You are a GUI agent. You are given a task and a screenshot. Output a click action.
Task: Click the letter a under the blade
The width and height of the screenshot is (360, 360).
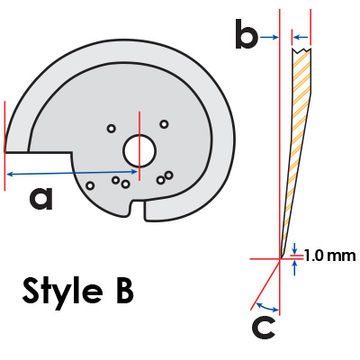[x=41, y=198]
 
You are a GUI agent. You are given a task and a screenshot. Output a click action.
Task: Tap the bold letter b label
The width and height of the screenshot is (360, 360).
[x=247, y=33]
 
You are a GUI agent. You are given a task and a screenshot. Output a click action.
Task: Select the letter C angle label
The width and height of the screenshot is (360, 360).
[x=264, y=328]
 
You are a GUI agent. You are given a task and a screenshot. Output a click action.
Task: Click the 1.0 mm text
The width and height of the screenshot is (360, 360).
[x=330, y=256]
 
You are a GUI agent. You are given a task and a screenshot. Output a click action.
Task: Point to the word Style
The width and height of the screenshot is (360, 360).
[x=62, y=291]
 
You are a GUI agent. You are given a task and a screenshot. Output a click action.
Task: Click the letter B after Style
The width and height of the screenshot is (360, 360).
[x=123, y=290]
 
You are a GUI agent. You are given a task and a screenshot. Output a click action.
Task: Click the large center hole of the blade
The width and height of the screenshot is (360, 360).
[x=139, y=151]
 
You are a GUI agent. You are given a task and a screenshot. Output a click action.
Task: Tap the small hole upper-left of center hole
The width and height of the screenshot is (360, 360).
[x=112, y=129]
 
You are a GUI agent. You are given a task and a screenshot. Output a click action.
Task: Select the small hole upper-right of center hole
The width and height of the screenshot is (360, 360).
[x=164, y=124]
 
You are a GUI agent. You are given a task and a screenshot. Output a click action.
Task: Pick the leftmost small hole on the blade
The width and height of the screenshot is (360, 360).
[x=90, y=185]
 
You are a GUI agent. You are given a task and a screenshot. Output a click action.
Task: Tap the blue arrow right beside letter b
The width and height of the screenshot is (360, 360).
[x=269, y=37]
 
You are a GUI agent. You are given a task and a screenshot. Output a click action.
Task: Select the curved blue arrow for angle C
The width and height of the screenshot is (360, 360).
[x=267, y=307]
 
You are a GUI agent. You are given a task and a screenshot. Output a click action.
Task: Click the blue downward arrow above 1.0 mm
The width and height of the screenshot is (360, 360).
[x=295, y=247]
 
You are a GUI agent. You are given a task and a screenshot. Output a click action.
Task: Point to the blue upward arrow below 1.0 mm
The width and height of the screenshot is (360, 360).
[x=295, y=267]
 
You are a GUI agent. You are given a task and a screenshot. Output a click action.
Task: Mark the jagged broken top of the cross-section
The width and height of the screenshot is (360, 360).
[x=301, y=50]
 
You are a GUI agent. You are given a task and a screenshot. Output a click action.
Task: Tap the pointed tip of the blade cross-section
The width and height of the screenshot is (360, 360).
[x=281, y=258]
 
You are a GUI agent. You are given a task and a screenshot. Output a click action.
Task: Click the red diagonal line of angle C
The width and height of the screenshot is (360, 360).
[x=265, y=283]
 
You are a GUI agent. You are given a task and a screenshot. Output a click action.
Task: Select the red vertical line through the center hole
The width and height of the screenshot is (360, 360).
[x=139, y=146]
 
